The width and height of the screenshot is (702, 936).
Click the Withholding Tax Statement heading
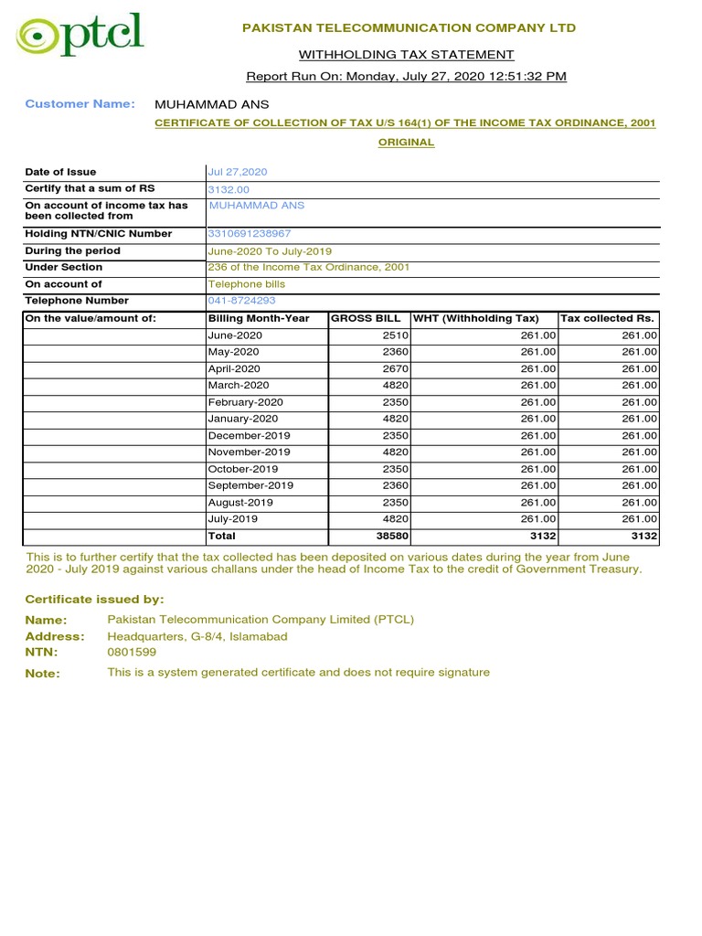[407, 55]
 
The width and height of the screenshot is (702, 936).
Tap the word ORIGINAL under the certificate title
[407, 143]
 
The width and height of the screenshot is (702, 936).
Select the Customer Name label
[80, 104]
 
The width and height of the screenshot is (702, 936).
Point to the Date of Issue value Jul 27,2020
[238, 172]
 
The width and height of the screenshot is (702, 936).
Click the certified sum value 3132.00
[229, 189]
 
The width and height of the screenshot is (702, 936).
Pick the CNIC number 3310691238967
[250, 234]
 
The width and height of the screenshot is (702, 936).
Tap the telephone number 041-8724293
[241, 301]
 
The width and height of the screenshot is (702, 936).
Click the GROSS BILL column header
[366, 318]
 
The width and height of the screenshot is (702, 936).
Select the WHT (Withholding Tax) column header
[476, 318]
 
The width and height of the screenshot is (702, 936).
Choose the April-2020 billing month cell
[234, 368]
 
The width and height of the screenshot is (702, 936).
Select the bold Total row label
[222, 537]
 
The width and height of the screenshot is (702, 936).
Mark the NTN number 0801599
[132, 653]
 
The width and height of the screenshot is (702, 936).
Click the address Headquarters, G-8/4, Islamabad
[197, 636]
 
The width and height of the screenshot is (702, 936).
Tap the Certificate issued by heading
[94, 600]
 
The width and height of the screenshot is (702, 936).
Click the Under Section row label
[64, 268]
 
